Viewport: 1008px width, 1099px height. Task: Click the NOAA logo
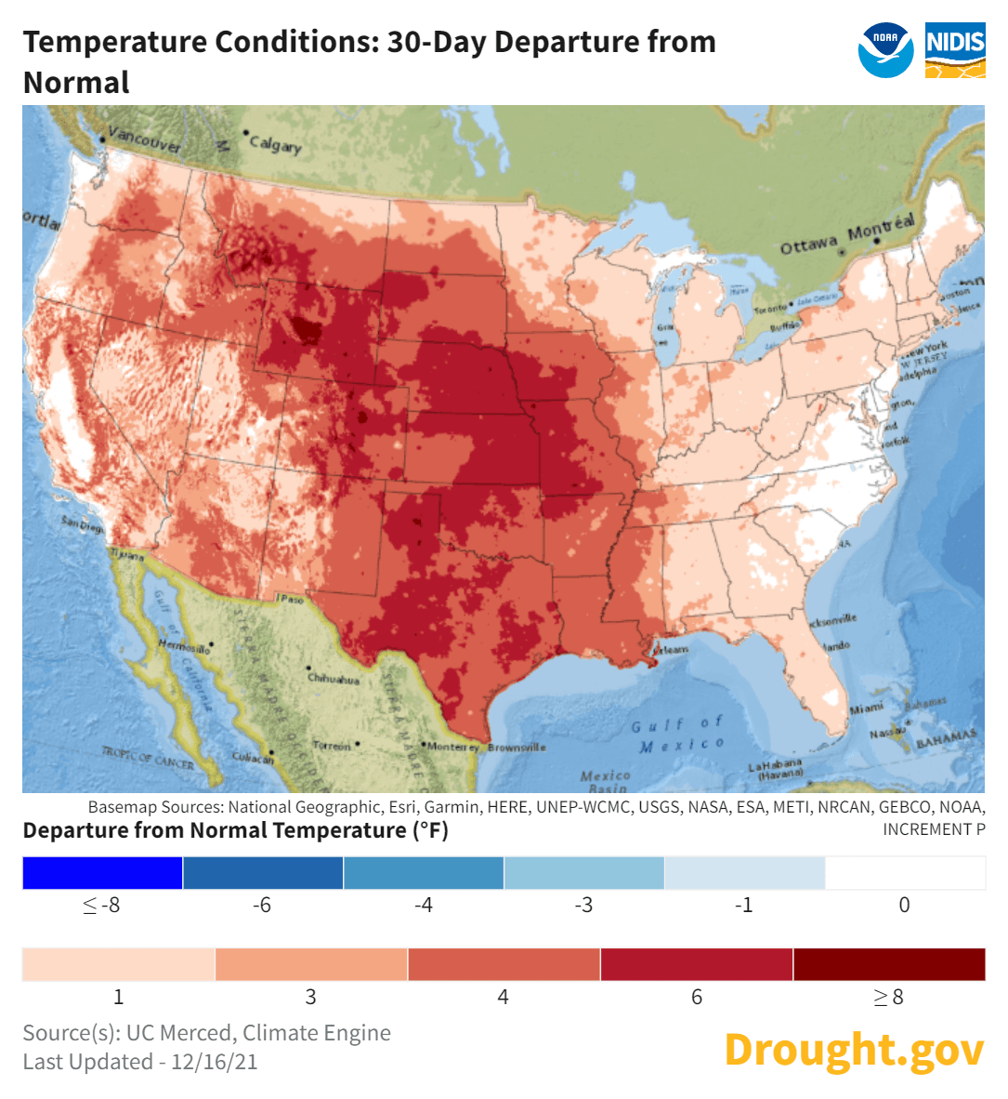885,50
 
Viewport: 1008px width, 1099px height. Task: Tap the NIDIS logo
955,50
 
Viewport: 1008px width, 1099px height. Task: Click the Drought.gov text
853,1050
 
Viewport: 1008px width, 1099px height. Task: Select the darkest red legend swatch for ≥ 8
889,965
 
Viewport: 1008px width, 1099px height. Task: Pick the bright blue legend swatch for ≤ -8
102,873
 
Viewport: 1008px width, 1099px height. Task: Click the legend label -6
262,906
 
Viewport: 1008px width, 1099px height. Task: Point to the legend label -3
583,906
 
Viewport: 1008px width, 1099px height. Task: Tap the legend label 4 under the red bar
503,998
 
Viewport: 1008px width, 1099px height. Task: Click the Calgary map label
276,144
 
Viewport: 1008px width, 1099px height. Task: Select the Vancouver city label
145,140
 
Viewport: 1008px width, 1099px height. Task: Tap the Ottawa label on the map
808,246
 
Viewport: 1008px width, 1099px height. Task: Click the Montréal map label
881,227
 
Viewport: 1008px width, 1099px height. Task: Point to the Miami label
867,709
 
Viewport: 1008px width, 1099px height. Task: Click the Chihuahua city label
334,679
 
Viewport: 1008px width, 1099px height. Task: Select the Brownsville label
517,748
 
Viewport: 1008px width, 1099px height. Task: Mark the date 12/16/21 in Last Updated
214,1062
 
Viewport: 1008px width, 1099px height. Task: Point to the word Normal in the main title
76,83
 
